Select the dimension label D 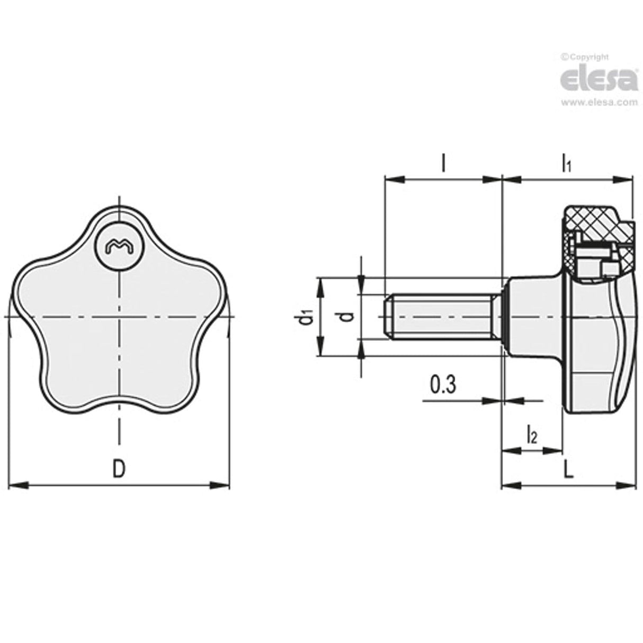[120, 468]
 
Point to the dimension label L [568, 469]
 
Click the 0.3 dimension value [443, 386]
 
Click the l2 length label [532, 435]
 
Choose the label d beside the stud [346, 317]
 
